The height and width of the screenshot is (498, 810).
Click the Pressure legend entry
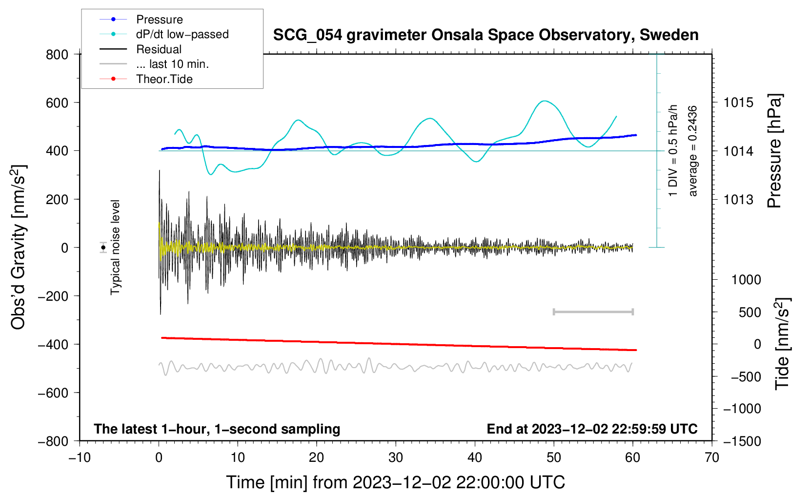point(159,20)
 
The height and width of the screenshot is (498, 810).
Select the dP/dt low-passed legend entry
point(182,34)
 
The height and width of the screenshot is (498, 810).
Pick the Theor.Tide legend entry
point(164,79)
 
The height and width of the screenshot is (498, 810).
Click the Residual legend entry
point(159,49)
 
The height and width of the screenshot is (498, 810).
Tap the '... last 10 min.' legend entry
point(172,64)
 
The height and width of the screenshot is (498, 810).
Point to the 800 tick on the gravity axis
point(57,54)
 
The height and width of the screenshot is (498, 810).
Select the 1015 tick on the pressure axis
point(738,103)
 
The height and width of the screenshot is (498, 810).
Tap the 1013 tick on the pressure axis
point(738,199)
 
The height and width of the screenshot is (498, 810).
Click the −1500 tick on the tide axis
point(742,441)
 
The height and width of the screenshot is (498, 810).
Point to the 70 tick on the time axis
point(712,457)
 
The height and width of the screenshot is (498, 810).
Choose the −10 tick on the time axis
point(80,457)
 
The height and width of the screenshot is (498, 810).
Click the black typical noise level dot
point(103,248)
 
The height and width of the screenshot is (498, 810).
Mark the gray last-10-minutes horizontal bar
point(593,311)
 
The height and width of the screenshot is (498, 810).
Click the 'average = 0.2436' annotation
point(693,151)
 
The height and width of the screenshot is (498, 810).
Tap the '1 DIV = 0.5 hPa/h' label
point(673,150)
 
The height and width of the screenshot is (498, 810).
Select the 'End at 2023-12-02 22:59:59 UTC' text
point(592,429)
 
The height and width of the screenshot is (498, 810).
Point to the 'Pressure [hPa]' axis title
point(774,151)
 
